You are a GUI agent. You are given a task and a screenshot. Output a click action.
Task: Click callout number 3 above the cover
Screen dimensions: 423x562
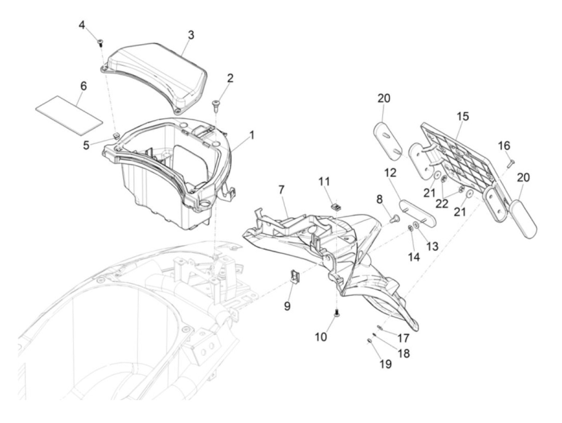191,35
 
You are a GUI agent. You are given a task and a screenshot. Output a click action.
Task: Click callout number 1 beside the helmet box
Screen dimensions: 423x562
252,136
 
